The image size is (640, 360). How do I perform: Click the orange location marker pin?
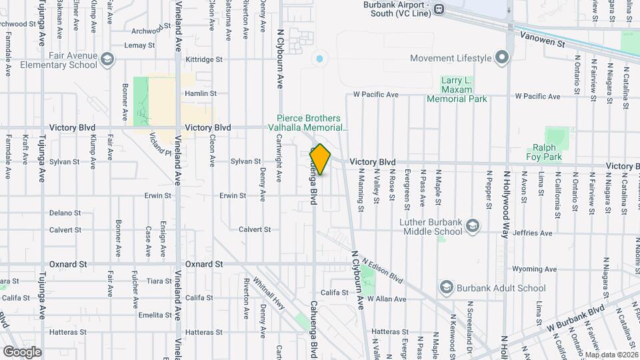click(320, 159)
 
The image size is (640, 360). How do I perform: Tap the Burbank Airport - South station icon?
click(439, 9)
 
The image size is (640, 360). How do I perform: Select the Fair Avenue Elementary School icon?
click(106, 61)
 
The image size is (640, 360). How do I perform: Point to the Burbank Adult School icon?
click(446, 288)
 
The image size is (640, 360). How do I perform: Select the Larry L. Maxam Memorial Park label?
click(457, 89)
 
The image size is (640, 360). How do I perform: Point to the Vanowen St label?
click(543, 39)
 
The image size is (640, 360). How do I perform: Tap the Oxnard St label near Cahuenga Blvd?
click(204, 264)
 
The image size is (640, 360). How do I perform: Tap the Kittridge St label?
click(204, 59)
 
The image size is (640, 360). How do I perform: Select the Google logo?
click(21, 351)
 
